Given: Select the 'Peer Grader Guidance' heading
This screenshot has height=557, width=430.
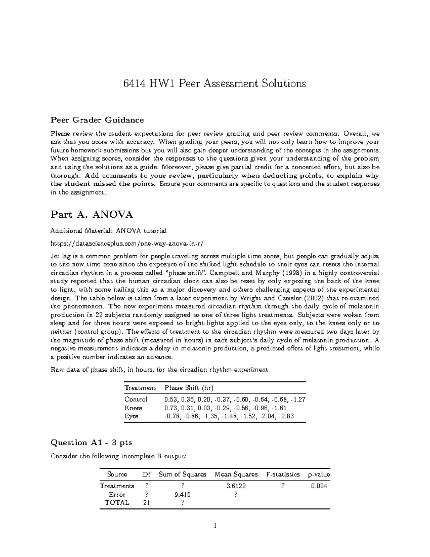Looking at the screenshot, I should [x=97, y=120].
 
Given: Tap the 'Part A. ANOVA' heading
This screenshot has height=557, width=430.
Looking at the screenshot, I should [x=92, y=214].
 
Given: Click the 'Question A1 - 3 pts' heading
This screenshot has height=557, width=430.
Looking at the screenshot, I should [x=91, y=443].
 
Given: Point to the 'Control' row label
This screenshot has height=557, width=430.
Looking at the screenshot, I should [x=136, y=399].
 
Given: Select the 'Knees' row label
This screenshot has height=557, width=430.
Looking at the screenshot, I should [x=133, y=408].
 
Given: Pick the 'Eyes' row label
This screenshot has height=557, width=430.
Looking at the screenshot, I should [x=132, y=416].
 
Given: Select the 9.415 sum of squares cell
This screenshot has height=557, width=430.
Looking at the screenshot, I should [x=182, y=495].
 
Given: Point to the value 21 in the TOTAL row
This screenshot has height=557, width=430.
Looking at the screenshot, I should [x=146, y=502].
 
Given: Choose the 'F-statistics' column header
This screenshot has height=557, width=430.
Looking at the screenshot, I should [x=283, y=474].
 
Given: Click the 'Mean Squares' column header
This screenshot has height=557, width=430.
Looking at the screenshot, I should [x=236, y=474].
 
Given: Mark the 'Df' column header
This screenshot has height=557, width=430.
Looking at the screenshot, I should [x=146, y=474].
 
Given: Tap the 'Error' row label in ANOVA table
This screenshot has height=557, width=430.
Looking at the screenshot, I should [x=117, y=495].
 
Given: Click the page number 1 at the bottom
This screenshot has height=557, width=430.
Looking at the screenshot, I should [x=215, y=526].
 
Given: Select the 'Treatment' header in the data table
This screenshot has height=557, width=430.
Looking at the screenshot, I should [x=140, y=388].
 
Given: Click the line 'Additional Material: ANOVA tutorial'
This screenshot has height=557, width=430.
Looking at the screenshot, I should [x=109, y=230].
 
